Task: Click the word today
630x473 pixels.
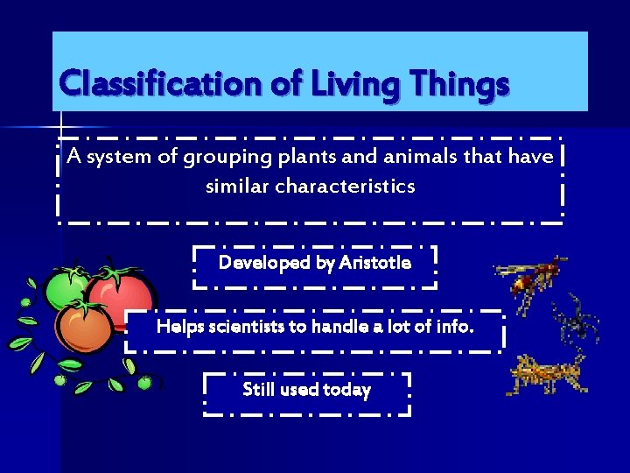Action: (x=341, y=390)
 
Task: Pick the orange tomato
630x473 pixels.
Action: (x=83, y=328)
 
